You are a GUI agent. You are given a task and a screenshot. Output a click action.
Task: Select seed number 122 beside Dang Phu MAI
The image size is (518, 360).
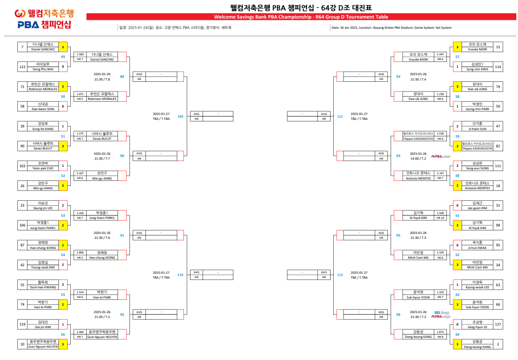(22, 67)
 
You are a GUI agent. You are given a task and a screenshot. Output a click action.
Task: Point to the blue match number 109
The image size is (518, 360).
(180, 116)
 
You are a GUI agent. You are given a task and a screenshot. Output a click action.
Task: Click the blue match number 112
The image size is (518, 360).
(340, 275)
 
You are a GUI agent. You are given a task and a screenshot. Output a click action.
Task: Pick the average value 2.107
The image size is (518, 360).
(80, 173)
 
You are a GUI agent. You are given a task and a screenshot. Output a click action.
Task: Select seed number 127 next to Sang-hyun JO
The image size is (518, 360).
(498, 325)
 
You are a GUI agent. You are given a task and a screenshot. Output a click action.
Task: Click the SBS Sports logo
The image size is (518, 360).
(441, 313)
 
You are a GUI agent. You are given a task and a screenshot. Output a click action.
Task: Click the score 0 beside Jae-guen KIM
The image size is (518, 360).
(457, 205)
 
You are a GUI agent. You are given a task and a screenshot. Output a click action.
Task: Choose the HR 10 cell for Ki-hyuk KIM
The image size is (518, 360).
(440, 218)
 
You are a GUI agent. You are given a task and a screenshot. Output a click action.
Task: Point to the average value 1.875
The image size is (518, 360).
(440, 332)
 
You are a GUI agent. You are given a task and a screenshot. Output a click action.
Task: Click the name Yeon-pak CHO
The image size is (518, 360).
(43, 168)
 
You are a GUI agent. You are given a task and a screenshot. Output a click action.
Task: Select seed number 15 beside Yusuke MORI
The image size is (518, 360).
(498, 47)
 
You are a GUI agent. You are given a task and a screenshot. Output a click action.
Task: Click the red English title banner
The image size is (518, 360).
(301, 17)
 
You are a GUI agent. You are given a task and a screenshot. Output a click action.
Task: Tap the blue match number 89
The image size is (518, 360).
(122, 77)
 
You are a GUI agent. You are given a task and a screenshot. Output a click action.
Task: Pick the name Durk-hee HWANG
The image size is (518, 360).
(43, 287)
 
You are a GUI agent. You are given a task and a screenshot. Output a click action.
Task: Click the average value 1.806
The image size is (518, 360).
(80, 253)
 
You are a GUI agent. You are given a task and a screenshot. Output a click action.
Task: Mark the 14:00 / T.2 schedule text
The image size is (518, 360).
(418, 158)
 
